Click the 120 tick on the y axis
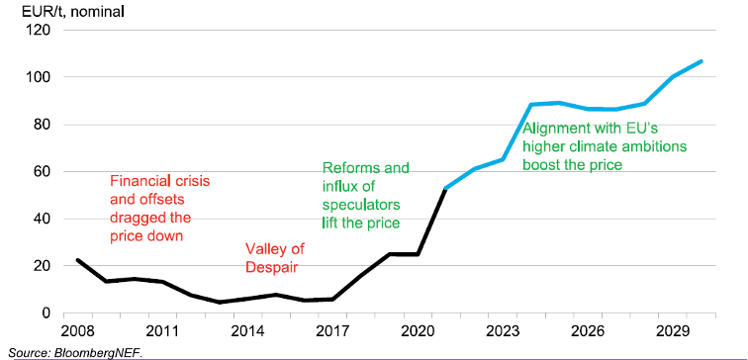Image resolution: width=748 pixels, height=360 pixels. [38, 30]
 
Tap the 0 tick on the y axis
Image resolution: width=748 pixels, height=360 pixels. [46, 314]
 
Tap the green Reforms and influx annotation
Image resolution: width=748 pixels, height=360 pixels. [365, 196]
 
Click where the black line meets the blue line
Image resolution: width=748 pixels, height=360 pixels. [447, 188]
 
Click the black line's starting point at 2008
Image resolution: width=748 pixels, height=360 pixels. [77, 260]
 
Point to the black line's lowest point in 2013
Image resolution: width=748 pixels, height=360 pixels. [220, 303]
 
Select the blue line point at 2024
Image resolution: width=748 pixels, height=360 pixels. [532, 105]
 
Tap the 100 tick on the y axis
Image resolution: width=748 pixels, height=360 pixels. [38, 77]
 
